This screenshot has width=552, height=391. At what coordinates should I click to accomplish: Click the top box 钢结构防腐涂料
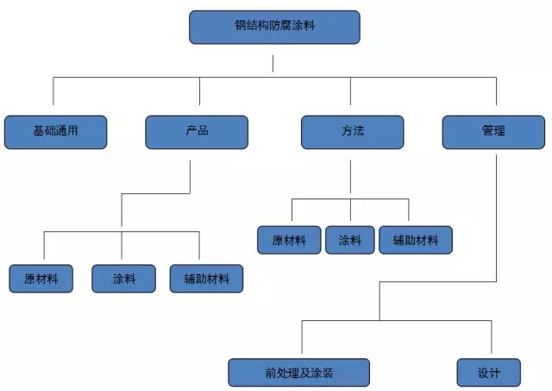[273, 27]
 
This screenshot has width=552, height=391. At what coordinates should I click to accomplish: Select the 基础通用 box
[56, 131]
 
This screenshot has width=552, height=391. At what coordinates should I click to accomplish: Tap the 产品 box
[197, 131]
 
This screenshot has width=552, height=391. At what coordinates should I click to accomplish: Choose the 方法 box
[352, 131]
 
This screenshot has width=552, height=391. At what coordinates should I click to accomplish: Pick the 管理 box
[493, 131]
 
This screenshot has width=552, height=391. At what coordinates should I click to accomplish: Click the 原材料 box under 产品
[41, 279]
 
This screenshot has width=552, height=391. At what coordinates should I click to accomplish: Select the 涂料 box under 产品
[124, 279]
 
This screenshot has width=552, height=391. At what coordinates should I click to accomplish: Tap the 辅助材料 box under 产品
[206, 279]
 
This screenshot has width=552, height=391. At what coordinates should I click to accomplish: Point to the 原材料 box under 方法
[289, 240]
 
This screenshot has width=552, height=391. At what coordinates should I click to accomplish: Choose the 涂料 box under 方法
[350, 240]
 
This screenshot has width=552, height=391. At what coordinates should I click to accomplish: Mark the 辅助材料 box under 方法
[415, 240]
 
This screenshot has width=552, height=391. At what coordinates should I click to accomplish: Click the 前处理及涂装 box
[298, 373]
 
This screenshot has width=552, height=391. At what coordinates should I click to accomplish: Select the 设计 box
[488, 373]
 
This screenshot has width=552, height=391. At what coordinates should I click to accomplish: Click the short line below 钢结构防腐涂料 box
[273, 63]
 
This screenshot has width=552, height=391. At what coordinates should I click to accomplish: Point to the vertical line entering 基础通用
[53, 97]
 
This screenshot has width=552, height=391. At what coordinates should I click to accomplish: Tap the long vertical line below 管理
[496, 216]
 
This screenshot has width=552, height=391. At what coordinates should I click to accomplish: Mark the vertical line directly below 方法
[350, 177]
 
